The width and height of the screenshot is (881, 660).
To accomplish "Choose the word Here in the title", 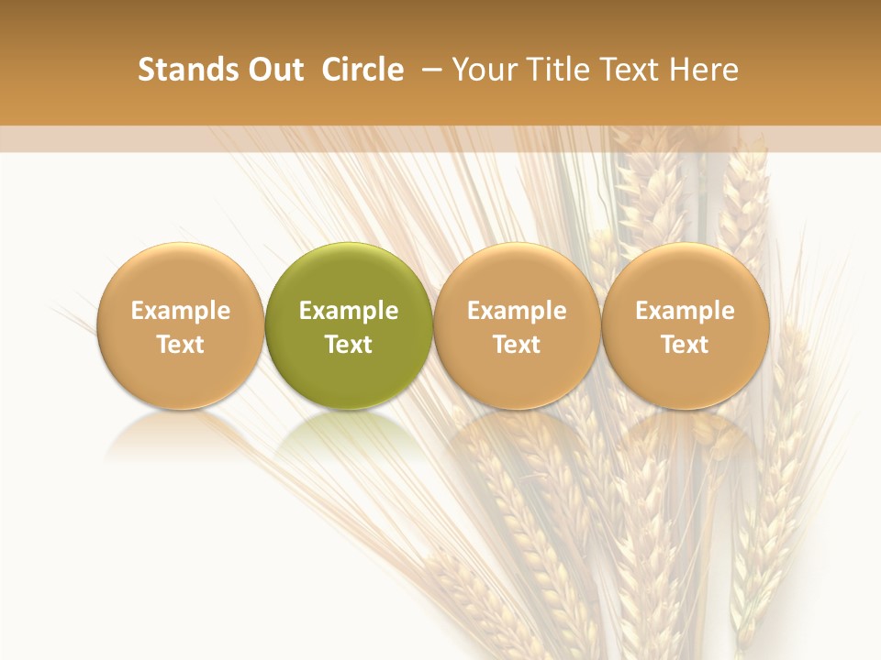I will coord(705,70).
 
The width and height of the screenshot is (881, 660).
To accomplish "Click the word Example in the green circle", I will coord(349,311).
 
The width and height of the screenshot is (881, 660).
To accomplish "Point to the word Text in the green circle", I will coord(349,345).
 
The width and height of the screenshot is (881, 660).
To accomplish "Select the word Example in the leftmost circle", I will coord(181,311).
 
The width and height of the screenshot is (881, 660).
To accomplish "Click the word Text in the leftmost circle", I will coord(181,345).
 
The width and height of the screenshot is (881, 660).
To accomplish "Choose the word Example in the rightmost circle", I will coord(686,311).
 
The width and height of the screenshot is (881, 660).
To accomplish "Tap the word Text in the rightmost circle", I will coord(686,345).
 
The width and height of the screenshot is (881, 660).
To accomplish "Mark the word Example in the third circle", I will coord(517,311).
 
